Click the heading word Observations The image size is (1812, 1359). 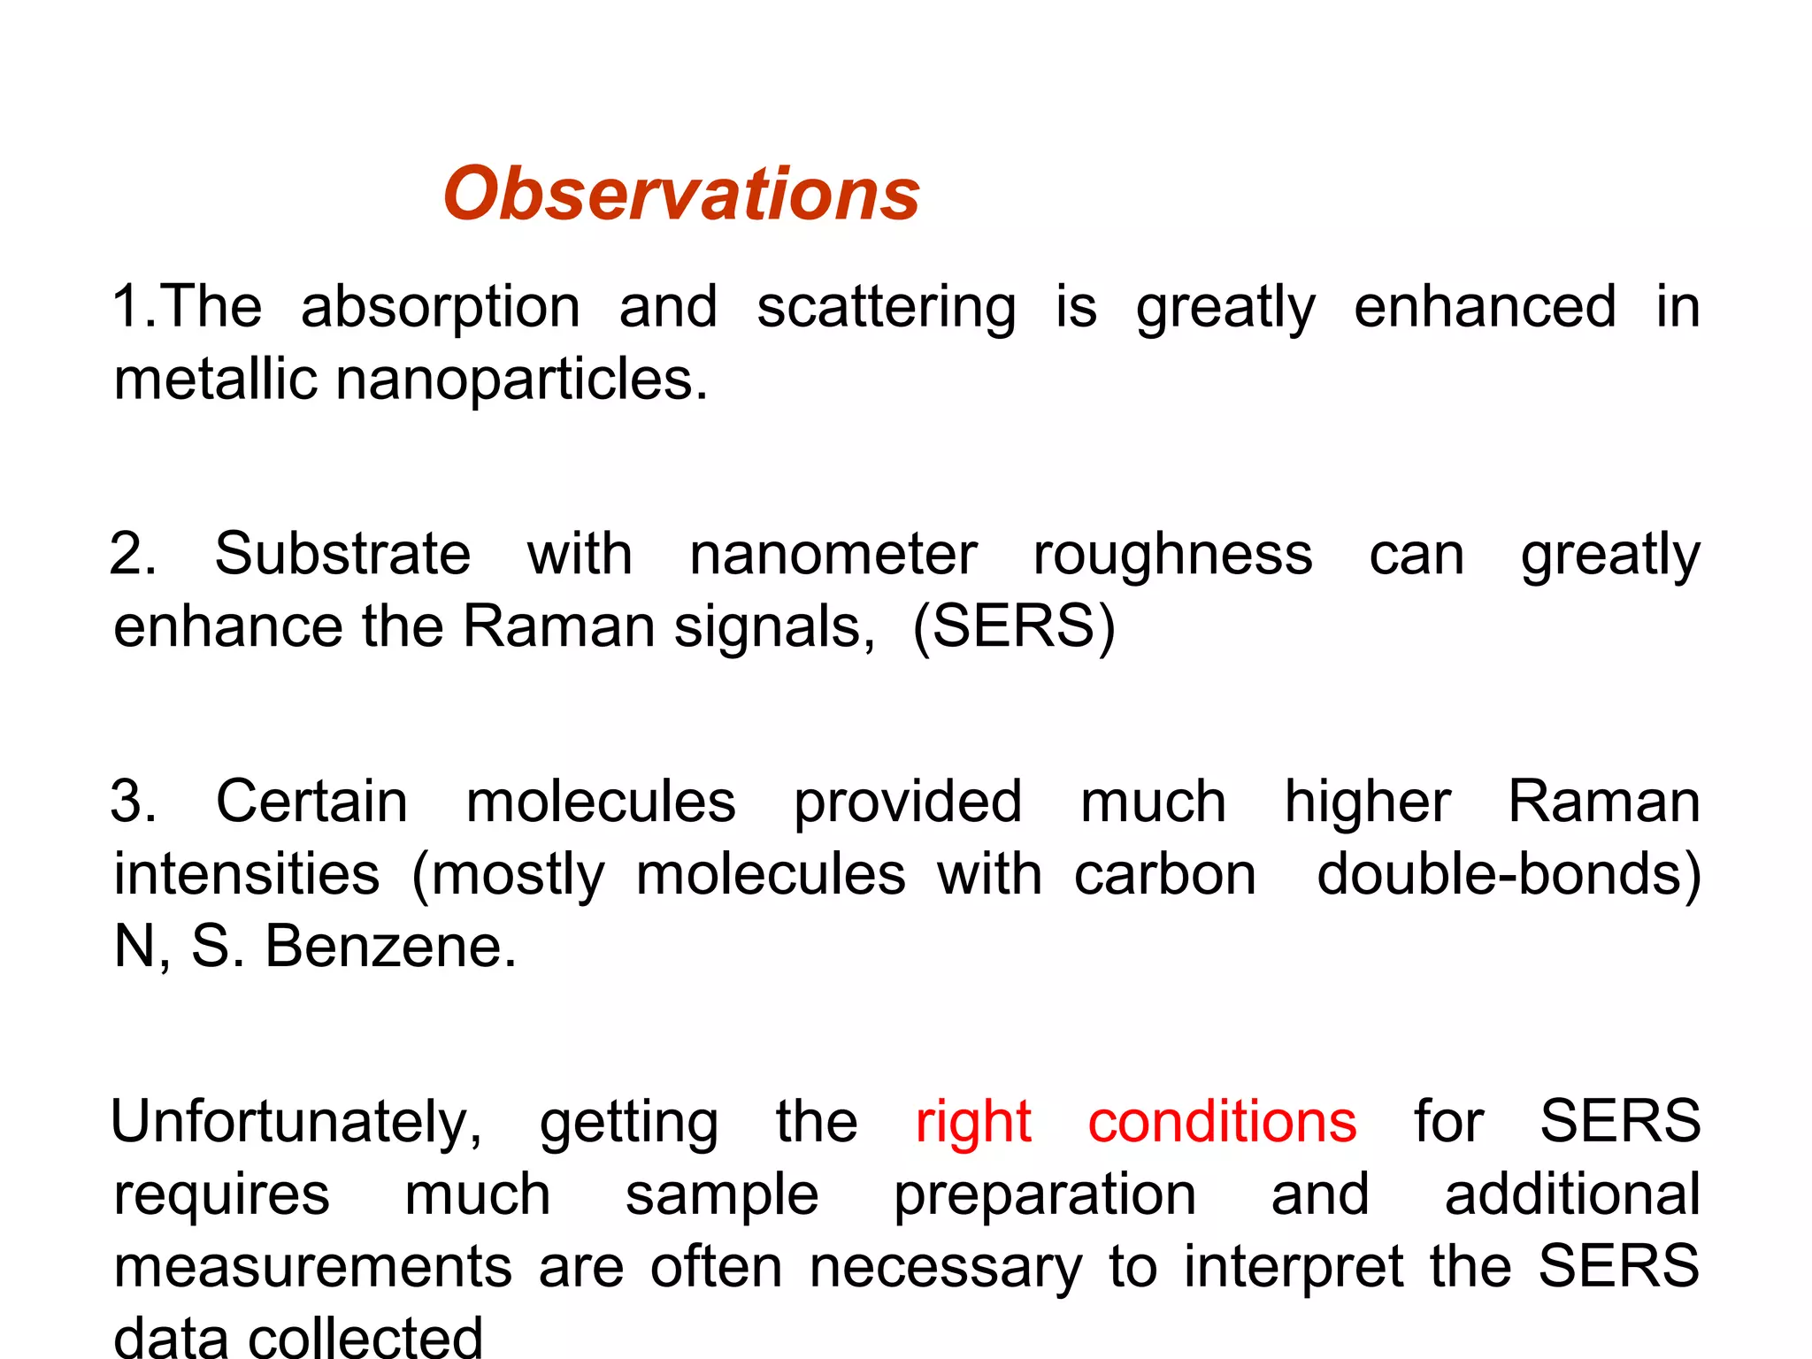point(681,194)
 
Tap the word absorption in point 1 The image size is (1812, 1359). point(441,308)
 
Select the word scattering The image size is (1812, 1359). point(886,308)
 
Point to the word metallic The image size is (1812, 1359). point(215,380)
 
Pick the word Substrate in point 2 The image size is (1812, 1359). point(342,555)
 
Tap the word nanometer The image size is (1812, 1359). point(833,556)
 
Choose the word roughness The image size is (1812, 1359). point(1172,556)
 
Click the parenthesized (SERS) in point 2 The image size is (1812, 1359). point(1014,627)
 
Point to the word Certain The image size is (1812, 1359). point(311,802)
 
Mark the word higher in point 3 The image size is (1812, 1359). point(1367,802)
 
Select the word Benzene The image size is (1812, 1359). point(390,947)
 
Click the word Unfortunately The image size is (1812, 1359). point(296,1123)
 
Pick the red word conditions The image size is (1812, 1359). point(1222,1122)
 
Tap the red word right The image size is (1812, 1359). point(972,1123)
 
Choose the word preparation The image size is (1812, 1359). point(1045,1195)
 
